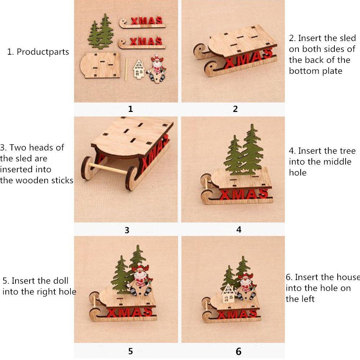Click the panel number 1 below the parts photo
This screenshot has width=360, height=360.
click(130, 109)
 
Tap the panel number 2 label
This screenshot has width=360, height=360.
click(235, 109)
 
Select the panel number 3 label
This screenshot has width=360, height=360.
click(127, 230)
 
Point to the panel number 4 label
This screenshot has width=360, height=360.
click(239, 230)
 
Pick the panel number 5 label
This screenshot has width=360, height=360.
click(130, 351)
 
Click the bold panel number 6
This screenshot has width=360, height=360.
click(239, 351)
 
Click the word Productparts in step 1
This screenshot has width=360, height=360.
click(43, 52)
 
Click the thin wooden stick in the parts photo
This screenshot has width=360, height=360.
click(126, 69)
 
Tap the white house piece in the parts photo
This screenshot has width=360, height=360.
click(139, 69)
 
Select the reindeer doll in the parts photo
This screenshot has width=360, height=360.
click(156, 69)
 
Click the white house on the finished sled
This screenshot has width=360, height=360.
click(228, 293)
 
